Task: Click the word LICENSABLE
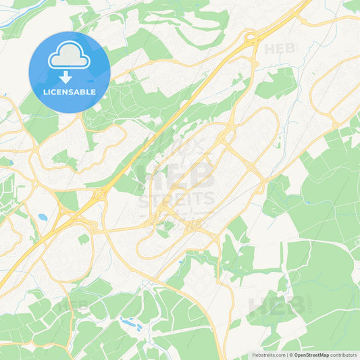click(70, 91)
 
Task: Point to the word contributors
click(344, 355)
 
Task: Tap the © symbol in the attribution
click(290, 355)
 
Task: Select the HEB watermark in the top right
click(279, 49)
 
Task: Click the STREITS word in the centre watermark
click(176, 199)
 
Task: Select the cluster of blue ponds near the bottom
click(130, 325)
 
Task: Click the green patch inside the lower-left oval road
click(83, 239)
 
